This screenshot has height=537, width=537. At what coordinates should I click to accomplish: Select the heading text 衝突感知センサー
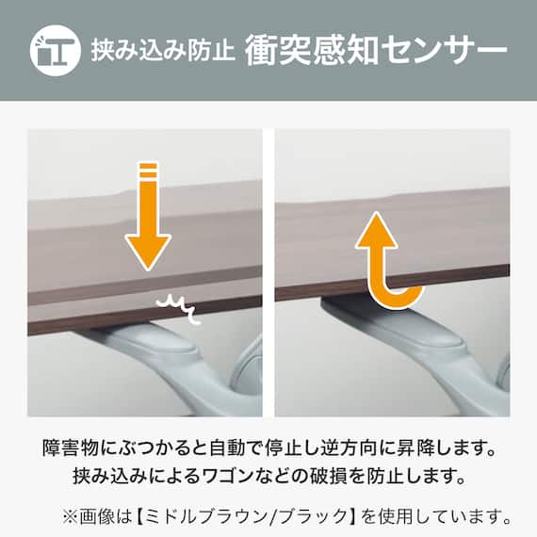375,49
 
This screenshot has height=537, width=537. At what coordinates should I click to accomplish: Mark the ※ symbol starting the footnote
72,515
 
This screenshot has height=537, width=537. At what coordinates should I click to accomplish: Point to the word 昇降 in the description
433,445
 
